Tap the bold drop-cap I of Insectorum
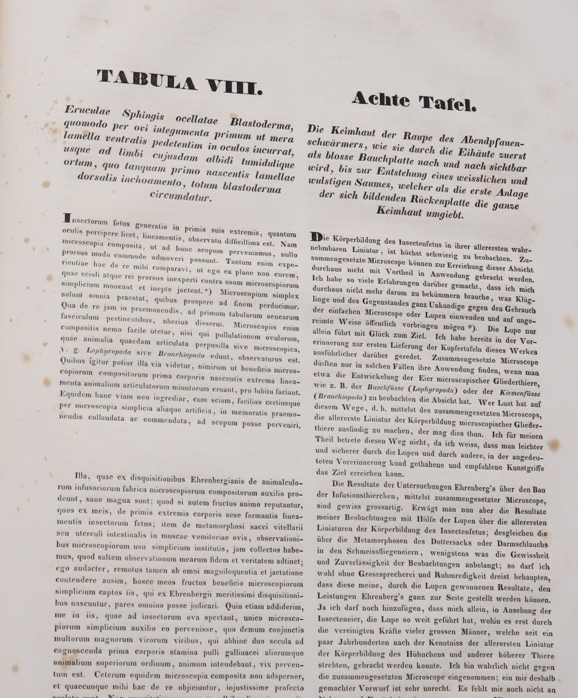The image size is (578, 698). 67,218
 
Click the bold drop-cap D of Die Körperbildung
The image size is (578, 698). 317,237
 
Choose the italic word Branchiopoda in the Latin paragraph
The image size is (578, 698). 181,355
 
